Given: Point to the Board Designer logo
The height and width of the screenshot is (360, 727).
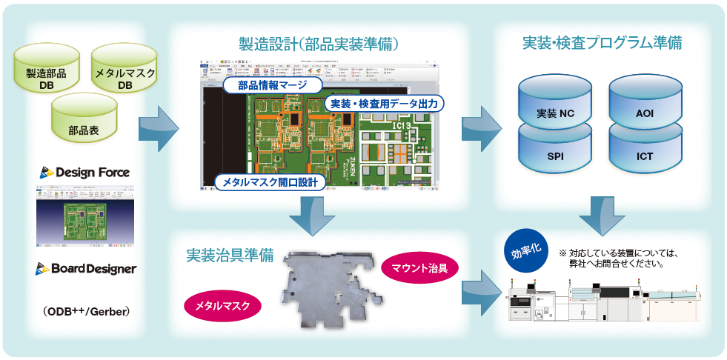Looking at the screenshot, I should (86, 268).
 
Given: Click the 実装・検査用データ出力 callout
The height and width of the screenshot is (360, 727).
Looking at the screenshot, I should (383, 104).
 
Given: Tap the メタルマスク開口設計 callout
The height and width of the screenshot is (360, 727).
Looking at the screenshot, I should (270, 181).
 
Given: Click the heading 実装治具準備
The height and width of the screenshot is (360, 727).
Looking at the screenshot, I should (230, 256).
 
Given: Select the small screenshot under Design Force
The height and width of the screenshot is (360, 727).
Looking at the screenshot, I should (85, 216).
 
